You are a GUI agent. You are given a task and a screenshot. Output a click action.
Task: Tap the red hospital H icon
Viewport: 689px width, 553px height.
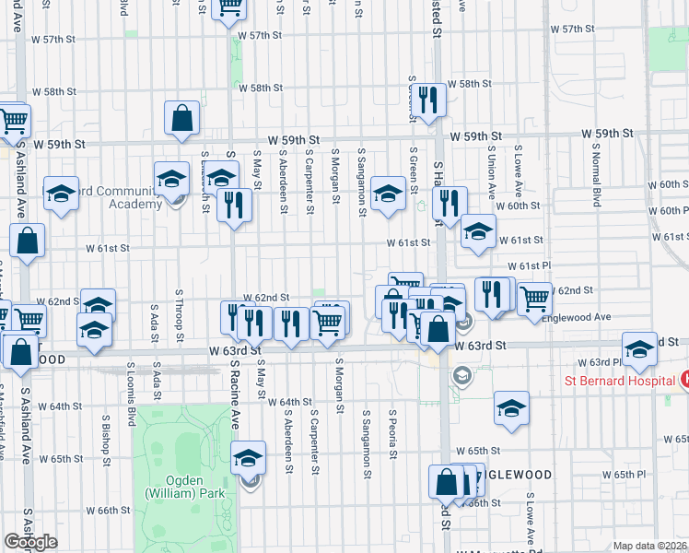click(x=684, y=379)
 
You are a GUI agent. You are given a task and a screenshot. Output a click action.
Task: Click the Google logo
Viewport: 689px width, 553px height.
click(x=30, y=541)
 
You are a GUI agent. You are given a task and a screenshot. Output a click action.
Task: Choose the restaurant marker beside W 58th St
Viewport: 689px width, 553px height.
click(x=427, y=98)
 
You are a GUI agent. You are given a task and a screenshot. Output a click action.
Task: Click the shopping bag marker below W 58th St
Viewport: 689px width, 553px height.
click(x=182, y=117)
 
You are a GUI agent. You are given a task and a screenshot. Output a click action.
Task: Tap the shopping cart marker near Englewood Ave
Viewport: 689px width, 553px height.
click(x=534, y=299)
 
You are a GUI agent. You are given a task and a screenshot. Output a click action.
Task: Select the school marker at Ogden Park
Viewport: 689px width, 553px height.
click(x=247, y=457)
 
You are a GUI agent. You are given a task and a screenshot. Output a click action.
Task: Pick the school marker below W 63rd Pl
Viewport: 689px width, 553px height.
click(x=511, y=408)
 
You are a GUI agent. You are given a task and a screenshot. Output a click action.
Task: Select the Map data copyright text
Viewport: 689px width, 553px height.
click(x=649, y=546)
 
